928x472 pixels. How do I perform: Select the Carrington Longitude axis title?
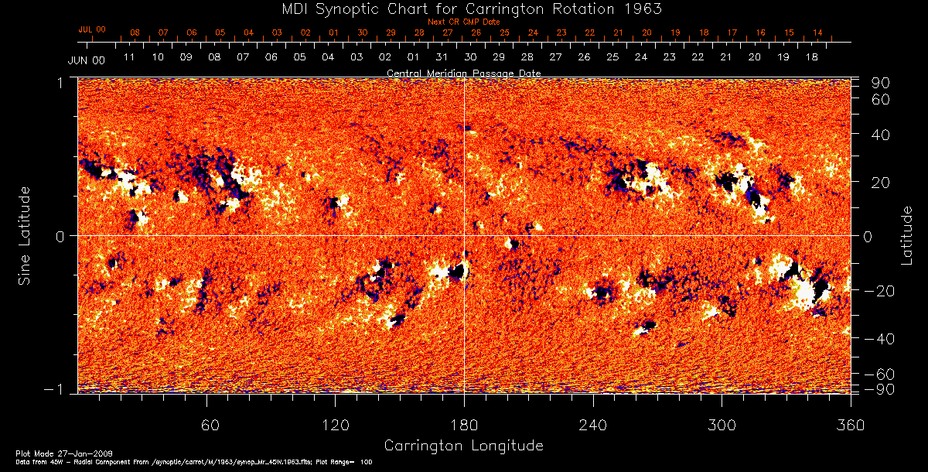tap(463, 446)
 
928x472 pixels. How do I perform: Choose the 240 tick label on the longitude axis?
tap(593, 426)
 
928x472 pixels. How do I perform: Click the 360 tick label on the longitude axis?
tap(851, 426)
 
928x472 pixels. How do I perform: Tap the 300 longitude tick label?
tap(722, 426)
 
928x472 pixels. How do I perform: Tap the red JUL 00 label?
tap(92, 29)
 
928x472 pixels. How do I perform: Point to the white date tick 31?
tap(442, 57)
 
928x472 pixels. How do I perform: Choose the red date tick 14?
tap(817, 32)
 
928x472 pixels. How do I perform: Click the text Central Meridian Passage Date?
tap(463, 74)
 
